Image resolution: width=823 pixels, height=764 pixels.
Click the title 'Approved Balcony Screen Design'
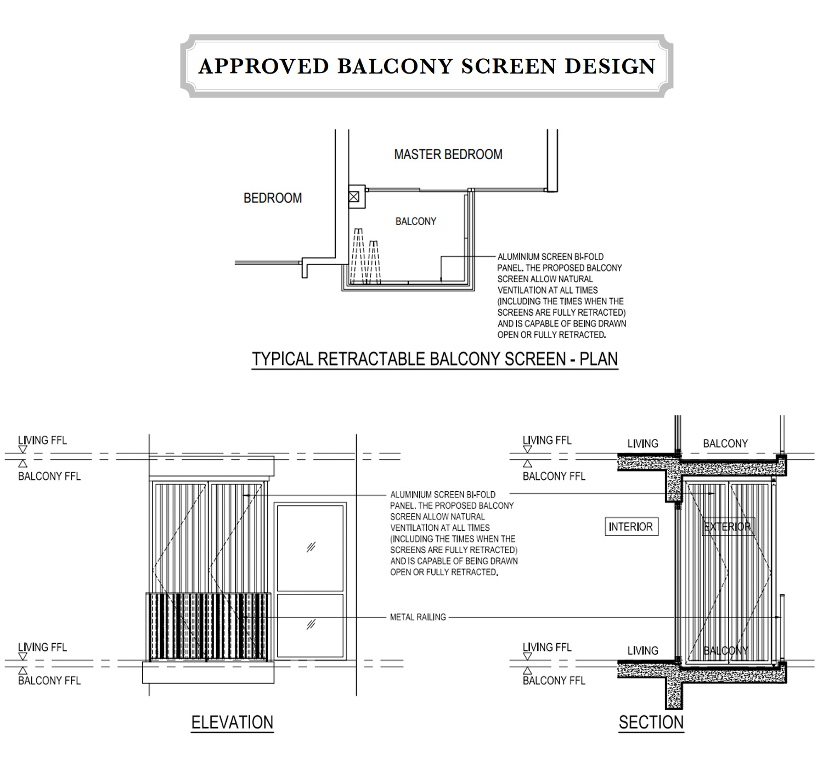coord(427,66)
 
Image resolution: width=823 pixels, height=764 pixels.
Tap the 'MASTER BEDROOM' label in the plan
coord(448,154)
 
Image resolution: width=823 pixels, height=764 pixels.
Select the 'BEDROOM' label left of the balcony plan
coord(273,198)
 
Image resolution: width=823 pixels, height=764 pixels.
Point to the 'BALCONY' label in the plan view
coord(416,221)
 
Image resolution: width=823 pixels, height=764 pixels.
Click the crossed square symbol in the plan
coord(354,196)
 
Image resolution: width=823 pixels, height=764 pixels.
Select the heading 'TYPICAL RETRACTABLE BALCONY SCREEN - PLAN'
coord(435,358)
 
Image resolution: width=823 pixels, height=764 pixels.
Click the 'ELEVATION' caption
coord(232,722)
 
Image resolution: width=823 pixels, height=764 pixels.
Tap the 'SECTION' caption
coord(651,722)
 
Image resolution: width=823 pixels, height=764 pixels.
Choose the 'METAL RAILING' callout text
coord(418,617)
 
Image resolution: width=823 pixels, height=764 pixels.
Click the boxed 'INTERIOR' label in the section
coord(632,526)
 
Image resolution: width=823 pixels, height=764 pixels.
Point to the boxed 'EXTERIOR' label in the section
coord(728,526)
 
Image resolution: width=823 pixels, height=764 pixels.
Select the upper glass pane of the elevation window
coord(311,547)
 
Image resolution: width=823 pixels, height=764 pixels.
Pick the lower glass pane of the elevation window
coord(311,626)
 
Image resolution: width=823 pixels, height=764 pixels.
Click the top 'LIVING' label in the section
coord(642,443)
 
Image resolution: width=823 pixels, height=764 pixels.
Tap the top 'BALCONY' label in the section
coord(725,443)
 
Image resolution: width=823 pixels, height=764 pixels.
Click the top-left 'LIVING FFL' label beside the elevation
coord(42,440)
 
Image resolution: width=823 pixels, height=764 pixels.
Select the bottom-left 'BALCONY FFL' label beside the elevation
coord(49,680)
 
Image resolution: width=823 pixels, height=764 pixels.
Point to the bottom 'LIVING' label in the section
coord(642,650)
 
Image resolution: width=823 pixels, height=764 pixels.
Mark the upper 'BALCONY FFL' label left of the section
coord(554,476)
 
